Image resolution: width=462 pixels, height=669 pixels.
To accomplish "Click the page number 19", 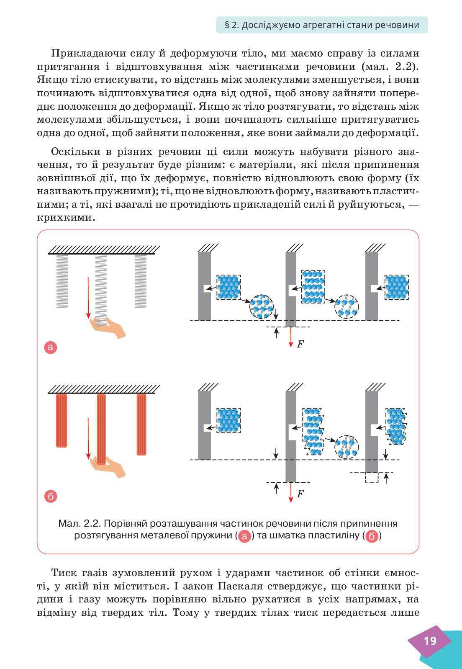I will pos(430,641).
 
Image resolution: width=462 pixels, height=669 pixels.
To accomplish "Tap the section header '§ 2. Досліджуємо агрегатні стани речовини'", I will pos(322,25).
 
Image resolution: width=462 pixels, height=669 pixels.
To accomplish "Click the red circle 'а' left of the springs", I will pos(50,347).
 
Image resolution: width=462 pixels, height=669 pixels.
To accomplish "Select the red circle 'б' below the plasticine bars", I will pos(50,496).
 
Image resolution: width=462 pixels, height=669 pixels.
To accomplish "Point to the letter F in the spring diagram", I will pos(300,344).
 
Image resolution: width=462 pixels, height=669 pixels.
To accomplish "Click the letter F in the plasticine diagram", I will pos(300,494).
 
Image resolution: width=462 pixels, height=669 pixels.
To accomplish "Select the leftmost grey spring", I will pos(62,281).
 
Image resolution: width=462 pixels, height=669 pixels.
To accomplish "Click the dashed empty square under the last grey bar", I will pos(371,477).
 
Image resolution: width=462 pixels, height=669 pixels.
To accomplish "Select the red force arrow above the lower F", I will pos(290,491).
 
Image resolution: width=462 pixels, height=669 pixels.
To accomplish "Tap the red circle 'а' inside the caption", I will pos(245,536).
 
